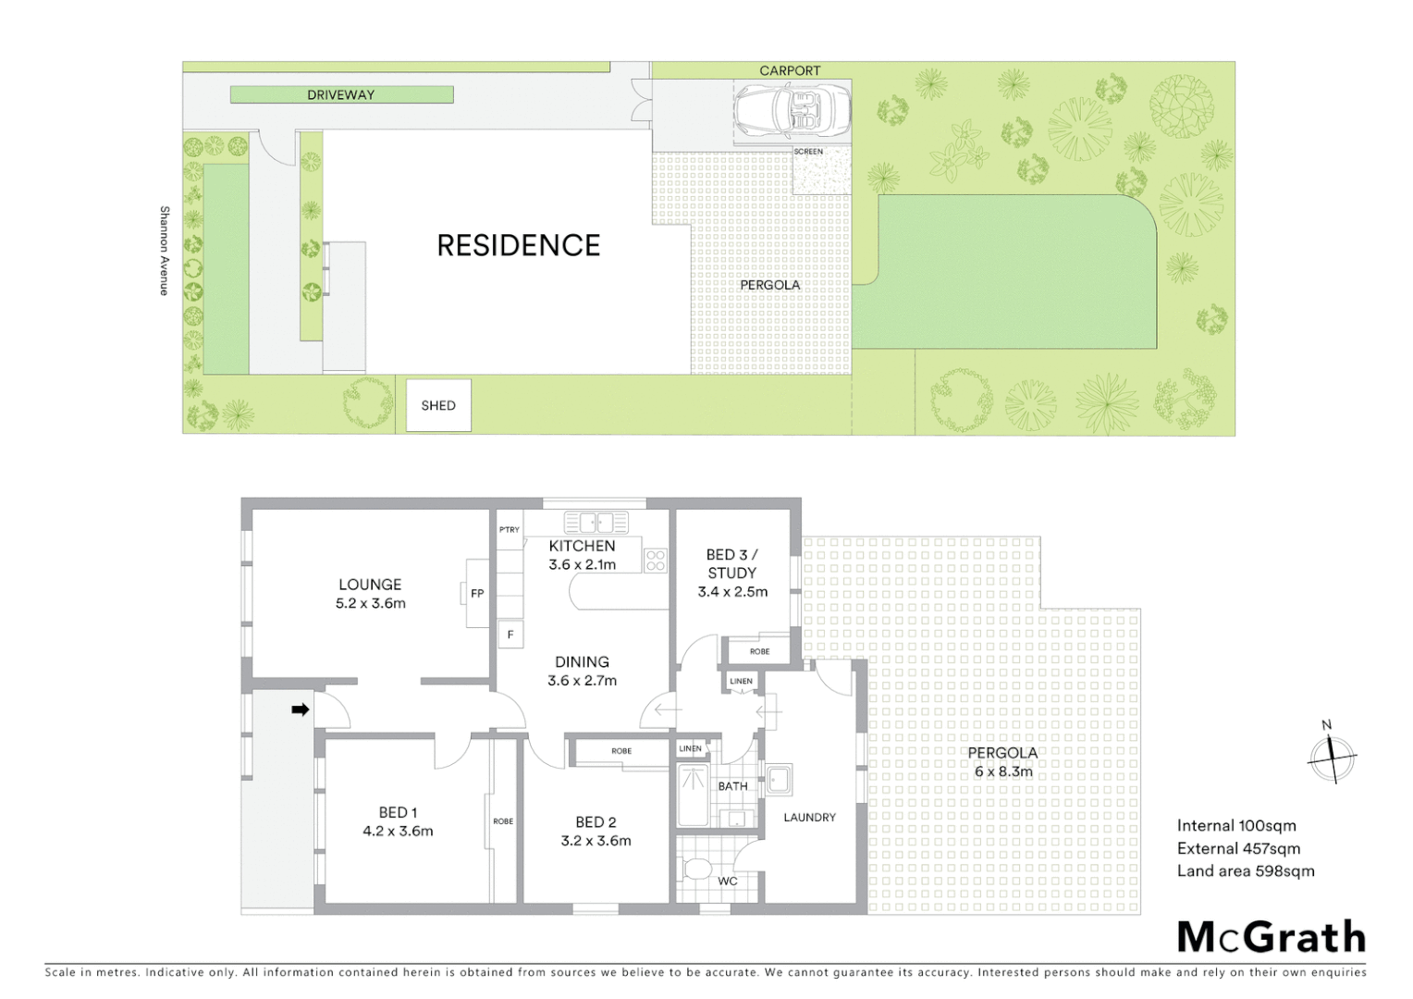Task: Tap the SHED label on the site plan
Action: click(x=438, y=405)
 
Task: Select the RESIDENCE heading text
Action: click(x=519, y=245)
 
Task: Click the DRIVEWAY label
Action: click(x=341, y=94)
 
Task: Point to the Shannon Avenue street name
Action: click(x=165, y=251)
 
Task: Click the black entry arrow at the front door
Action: click(x=301, y=709)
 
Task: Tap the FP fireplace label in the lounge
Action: click(x=477, y=594)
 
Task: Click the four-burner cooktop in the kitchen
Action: click(x=656, y=560)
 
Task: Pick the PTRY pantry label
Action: click(x=510, y=530)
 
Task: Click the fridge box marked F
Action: click(x=510, y=635)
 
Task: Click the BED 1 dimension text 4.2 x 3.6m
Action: click(x=398, y=831)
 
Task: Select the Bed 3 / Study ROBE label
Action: click(x=759, y=651)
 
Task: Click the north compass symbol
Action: click(x=1332, y=756)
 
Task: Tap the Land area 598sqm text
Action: click(x=1245, y=870)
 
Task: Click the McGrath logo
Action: click(x=1272, y=937)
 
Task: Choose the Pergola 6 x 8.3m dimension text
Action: click(x=1003, y=771)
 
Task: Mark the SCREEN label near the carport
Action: click(x=808, y=152)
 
